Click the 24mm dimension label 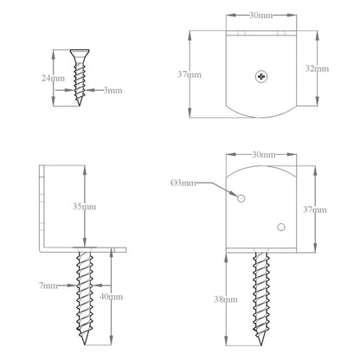pyautogui.click(x=53, y=78)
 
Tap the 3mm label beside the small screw pyautogui.click(x=112, y=91)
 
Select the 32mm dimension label pyautogui.click(x=317, y=68)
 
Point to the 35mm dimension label pyautogui.click(x=85, y=207)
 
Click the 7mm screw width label pyautogui.click(x=48, y=286)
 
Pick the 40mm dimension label pyautogui.click(x=111, y=297)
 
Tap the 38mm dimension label pyautogui.click(x=226, y=299)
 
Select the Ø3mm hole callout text pyautogui.click(x=183, y=183)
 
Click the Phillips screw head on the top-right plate pyautogui.click(x=261, y=76)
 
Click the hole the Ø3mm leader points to pyautogui.click(x=241, y=198)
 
